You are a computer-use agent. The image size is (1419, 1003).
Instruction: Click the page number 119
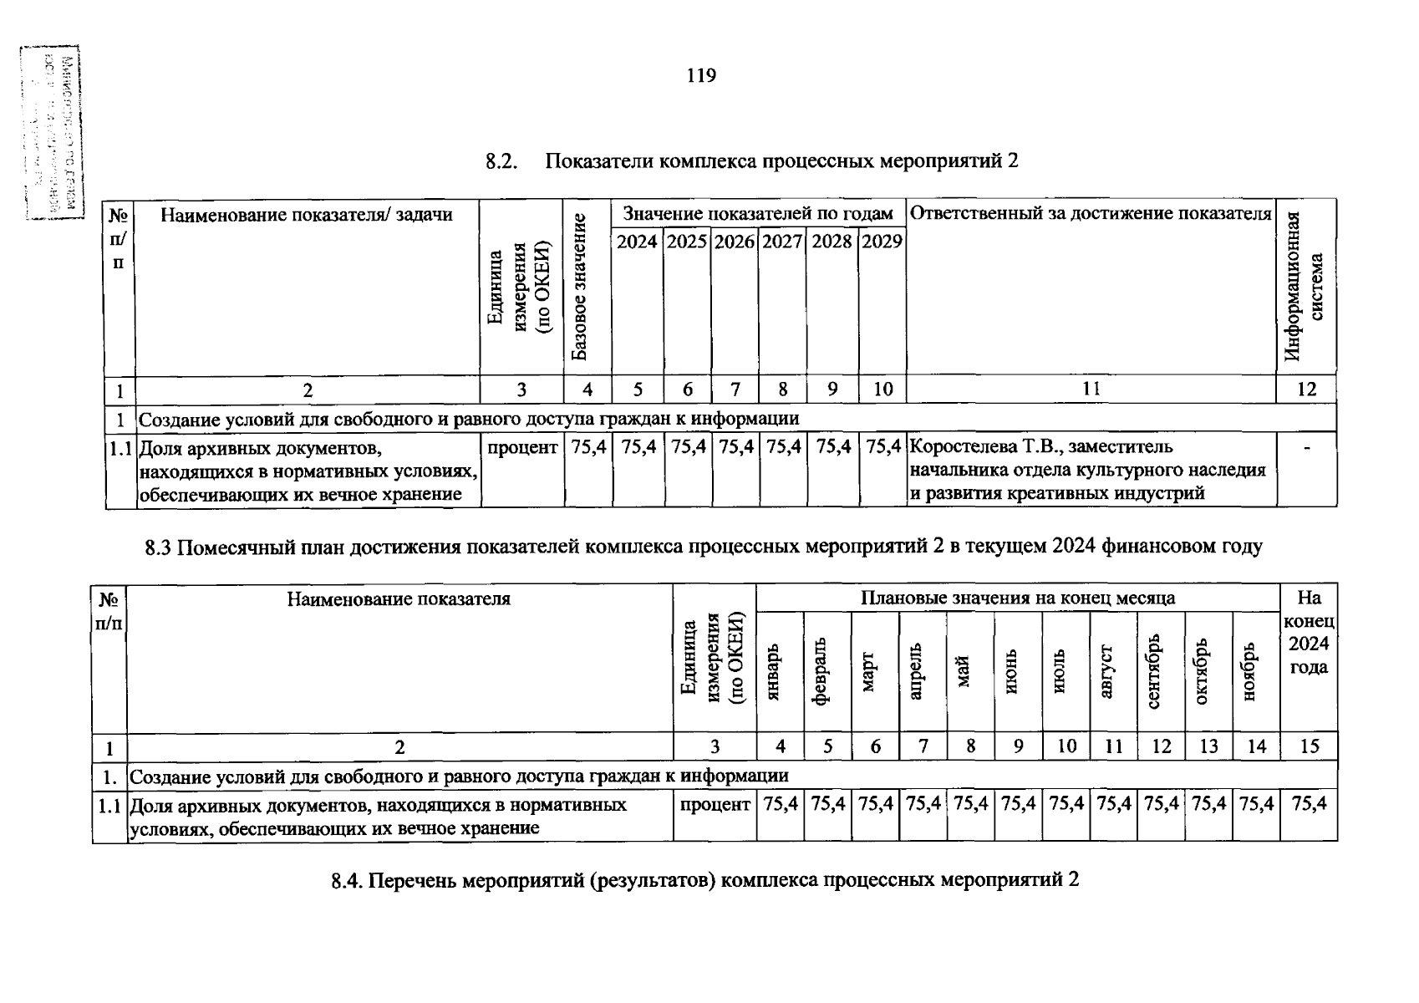701,77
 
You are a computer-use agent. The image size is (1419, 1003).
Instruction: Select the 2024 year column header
637,242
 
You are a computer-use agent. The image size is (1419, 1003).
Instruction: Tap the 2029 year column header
882,242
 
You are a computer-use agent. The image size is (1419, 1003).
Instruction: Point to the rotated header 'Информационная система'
1305,286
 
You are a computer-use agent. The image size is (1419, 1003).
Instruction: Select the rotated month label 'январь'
773,673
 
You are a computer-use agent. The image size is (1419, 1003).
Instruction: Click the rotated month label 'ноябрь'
1250,673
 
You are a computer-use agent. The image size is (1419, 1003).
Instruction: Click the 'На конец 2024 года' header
1309,632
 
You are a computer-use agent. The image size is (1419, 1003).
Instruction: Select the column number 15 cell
1309,746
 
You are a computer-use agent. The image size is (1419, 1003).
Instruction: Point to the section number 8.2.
502,161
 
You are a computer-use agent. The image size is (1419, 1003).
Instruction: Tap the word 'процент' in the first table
522,447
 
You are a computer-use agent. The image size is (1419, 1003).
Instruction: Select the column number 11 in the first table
1091,389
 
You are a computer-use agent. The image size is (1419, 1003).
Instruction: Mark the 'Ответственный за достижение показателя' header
1090,213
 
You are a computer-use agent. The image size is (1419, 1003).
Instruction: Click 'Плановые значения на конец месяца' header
1018,598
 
